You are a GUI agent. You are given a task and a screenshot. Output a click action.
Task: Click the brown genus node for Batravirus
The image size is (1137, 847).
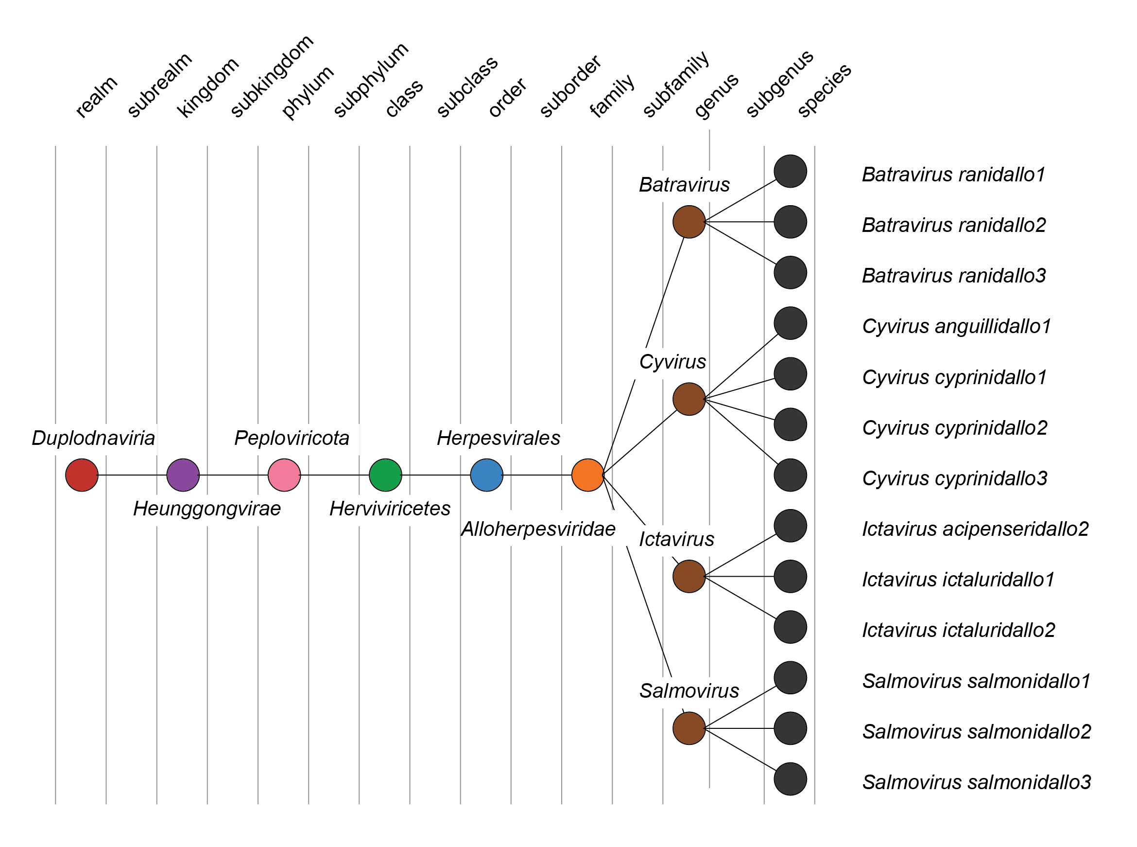coord(689,222)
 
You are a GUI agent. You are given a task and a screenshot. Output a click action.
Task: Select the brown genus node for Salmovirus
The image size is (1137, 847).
coord(689,728)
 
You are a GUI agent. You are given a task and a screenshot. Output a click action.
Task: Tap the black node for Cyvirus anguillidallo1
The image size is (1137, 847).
coord(790,323)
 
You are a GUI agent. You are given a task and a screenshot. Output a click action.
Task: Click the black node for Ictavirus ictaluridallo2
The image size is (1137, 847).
coord(790,627)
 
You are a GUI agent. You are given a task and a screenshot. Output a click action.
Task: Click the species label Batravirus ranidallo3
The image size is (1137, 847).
coord(953,276)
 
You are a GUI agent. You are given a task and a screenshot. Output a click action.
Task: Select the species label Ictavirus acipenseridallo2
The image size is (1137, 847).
coord(975,529)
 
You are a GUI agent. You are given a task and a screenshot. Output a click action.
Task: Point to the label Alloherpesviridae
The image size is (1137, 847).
coord(538,529)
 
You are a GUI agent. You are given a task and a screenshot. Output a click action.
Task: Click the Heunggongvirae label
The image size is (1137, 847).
coord(207,509)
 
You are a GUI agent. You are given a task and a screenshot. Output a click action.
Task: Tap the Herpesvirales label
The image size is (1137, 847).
coord(498,438)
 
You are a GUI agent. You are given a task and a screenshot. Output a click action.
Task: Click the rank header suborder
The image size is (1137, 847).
coord(570,86)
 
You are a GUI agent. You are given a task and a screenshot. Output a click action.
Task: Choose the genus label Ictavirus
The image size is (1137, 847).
coord(676,539)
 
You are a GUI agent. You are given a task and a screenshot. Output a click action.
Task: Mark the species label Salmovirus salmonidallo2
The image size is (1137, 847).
coord(977,732)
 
